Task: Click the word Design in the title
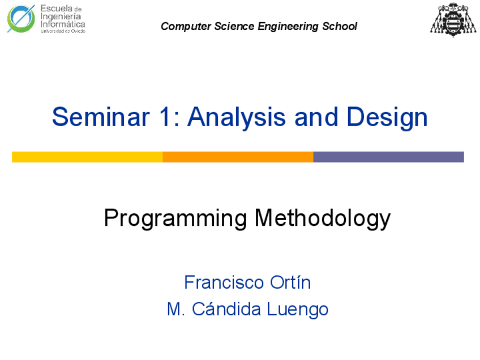(387, 117)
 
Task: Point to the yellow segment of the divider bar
(87, 157)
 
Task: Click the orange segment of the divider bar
(238, 157)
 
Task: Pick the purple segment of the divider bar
(388, 157)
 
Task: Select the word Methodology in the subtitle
(323, 218)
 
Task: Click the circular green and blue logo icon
(21, 19)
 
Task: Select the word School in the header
(340, 27)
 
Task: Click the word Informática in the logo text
(63, 24)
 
